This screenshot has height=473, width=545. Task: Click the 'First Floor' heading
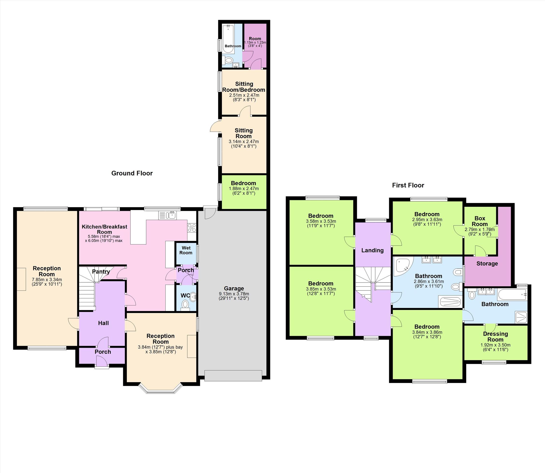408,185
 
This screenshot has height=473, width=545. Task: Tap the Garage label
234,289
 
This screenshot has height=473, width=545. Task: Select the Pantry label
101,272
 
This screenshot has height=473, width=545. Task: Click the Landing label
372,250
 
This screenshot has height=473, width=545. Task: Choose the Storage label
487,263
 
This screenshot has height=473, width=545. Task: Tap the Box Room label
480,221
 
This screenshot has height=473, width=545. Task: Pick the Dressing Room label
495,337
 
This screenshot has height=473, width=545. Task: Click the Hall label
103,323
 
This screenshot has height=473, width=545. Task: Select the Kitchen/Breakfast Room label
104,229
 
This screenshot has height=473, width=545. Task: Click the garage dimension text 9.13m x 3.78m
234,294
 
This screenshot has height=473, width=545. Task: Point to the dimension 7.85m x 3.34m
47,280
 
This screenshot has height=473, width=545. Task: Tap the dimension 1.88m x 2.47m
244,189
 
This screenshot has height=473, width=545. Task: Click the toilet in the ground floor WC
186,305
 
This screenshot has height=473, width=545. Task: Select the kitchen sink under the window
167,215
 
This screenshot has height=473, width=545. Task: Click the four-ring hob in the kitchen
192,228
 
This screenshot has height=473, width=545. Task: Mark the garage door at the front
233,376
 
